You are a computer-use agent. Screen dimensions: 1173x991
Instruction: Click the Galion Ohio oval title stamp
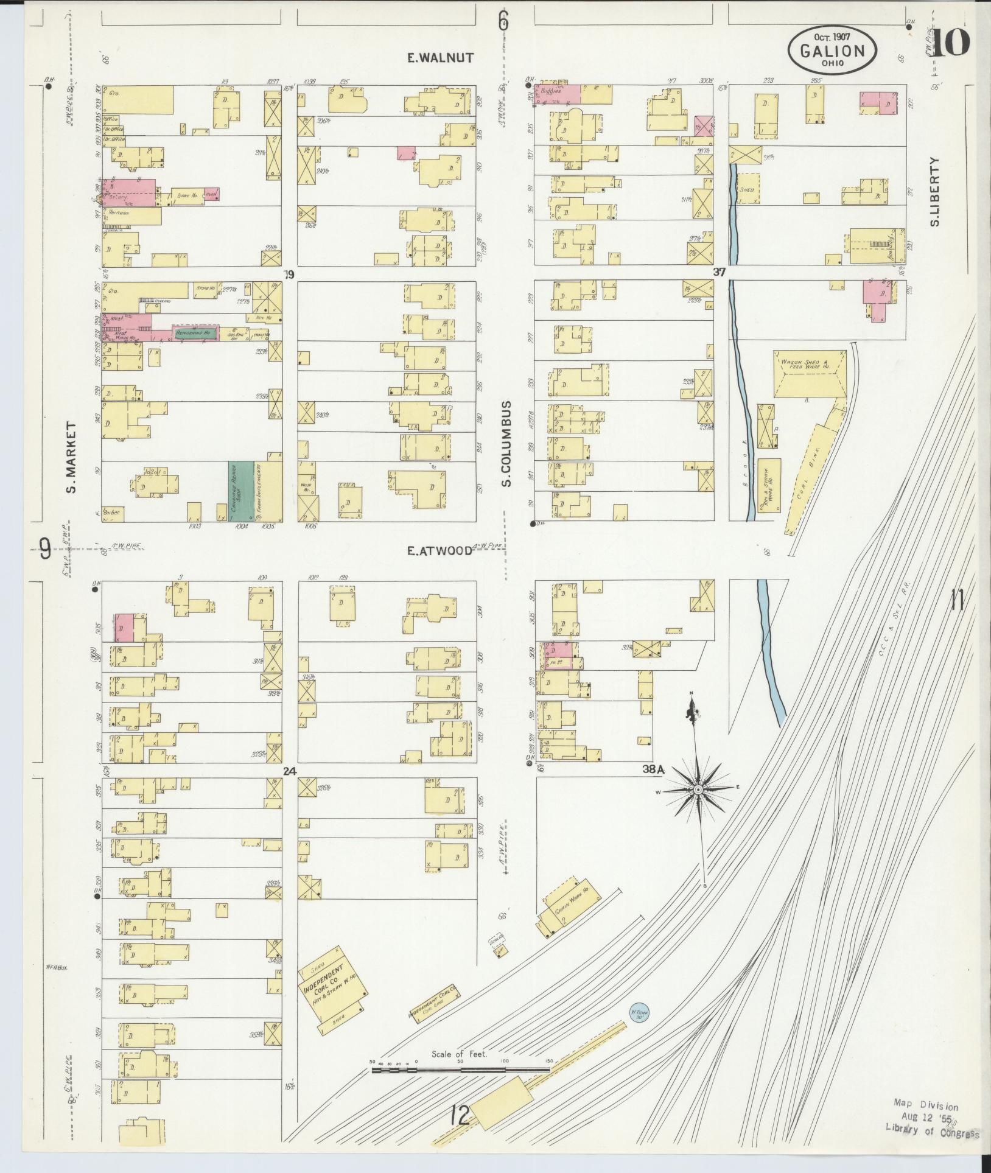point(832,48)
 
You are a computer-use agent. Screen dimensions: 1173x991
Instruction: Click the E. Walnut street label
point(440,58)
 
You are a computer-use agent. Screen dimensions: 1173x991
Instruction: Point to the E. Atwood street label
point(439,551)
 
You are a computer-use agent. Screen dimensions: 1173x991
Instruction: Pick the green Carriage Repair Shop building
point(241,491)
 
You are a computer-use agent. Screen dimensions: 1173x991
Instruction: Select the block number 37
point(719,273)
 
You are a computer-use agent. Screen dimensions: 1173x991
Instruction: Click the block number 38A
point(653,769)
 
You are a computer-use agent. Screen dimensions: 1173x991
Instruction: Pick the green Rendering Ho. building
point(194,333)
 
